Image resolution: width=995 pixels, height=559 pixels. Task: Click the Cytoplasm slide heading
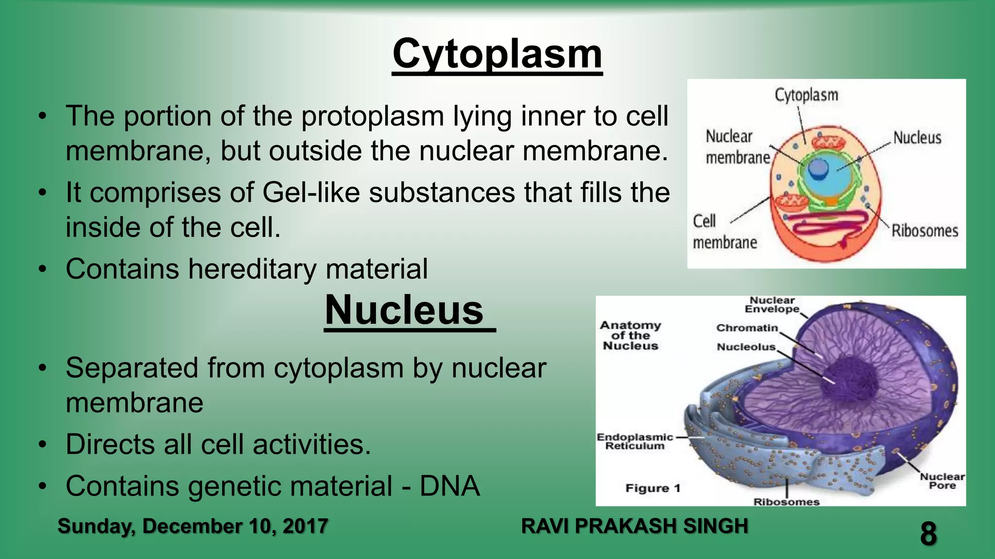[497, 54]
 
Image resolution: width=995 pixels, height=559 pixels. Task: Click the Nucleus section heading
[404, 311]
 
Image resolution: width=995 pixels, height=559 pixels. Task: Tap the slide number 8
[928, 534]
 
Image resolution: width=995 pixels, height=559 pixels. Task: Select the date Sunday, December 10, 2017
[192, 526]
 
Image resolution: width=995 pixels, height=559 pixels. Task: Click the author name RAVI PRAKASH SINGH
[634, 526]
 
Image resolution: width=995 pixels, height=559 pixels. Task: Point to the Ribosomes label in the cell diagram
[924, 231]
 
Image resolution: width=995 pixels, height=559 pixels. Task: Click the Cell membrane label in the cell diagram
[724, 232]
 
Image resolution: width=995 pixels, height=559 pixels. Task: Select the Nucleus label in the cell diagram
[917, 138]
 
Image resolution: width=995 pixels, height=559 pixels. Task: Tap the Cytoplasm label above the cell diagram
[806, 95]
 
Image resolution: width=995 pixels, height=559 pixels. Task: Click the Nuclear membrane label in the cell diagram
[737, 147]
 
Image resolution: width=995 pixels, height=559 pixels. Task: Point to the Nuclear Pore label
[942, 481]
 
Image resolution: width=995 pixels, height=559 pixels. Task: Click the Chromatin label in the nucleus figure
[747, 328]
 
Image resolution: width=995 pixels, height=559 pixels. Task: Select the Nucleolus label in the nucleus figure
[746, 347]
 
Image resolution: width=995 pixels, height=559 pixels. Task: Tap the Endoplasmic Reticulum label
[635, 442]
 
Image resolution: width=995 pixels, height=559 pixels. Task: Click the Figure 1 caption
[652, 488]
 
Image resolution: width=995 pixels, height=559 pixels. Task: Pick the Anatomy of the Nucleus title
[630, 335]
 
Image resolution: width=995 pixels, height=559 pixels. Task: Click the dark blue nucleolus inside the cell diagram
[818, 169]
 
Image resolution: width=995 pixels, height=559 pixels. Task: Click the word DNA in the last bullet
[449, 486]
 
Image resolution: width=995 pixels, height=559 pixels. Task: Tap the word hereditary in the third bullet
[252, 269]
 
